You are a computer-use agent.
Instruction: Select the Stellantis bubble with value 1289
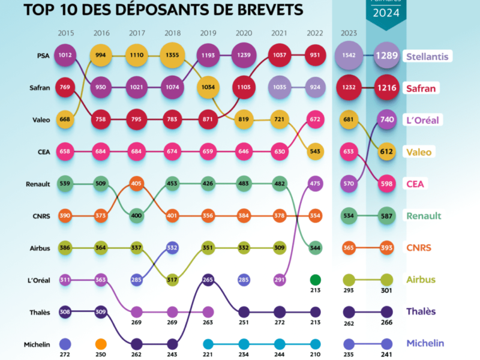(387, 57)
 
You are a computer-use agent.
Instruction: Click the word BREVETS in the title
(268, 10)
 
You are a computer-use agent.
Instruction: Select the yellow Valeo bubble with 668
(65, 120)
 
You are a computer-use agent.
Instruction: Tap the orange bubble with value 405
(136, 183)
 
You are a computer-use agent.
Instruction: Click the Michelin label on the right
(425, 343)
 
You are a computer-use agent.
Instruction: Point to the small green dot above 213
(316, 279)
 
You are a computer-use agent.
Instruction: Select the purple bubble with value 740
(387, 120)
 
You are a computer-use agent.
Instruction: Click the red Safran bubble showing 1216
(387, 88)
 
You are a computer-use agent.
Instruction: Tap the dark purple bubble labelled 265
(208, 279)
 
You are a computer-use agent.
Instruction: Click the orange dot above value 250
(100, 344)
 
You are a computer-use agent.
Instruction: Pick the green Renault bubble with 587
(387, 215)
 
